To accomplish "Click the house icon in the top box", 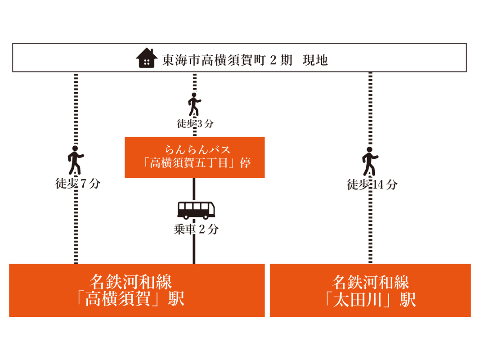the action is click(147, 58).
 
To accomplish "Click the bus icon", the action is click(196, 210).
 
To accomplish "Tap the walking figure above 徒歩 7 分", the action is click(75, 160).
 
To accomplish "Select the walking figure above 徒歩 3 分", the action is click(194, 104).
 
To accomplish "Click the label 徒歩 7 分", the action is click(78, 184).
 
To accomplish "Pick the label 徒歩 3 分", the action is click(195, 124).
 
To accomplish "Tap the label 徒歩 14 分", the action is click(372, 184).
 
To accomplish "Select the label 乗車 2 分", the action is click(196, 229).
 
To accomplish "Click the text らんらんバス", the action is click(198, 150).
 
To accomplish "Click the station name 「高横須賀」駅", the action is click(131, 299).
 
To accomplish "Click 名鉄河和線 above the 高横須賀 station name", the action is click(131, 282).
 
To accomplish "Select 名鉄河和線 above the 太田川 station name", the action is click(370, 282).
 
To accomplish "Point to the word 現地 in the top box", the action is click(315, 60).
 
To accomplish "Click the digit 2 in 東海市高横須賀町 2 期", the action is click(273, 60).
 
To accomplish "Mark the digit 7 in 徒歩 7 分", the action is click(83, 184).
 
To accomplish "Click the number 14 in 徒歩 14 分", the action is click(378, 184).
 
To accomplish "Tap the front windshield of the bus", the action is click(212, 207).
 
